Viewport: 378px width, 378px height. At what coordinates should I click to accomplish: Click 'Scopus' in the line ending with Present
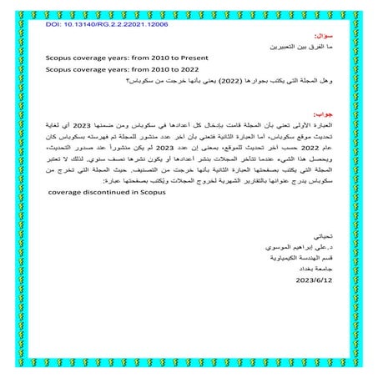(59, 58)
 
